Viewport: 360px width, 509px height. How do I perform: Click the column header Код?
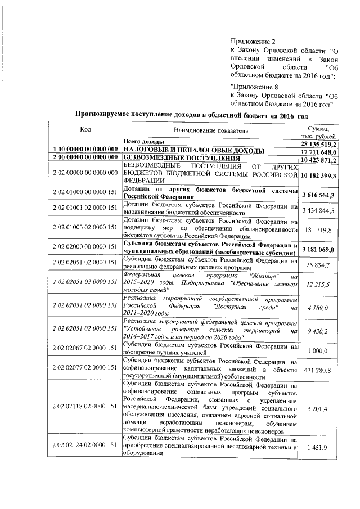tap(85, 130)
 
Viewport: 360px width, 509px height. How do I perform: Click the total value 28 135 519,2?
tap(318, 143)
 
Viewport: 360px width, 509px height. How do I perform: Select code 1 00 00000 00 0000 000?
tap(85, 151)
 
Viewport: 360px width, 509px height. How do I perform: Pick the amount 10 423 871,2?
tap(318, 159)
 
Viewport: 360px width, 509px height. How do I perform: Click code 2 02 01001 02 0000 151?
tap(85, 210)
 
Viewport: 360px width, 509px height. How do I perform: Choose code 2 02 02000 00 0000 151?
tap(85, 249)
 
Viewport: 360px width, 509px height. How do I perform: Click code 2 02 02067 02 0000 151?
tap(85, 350)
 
